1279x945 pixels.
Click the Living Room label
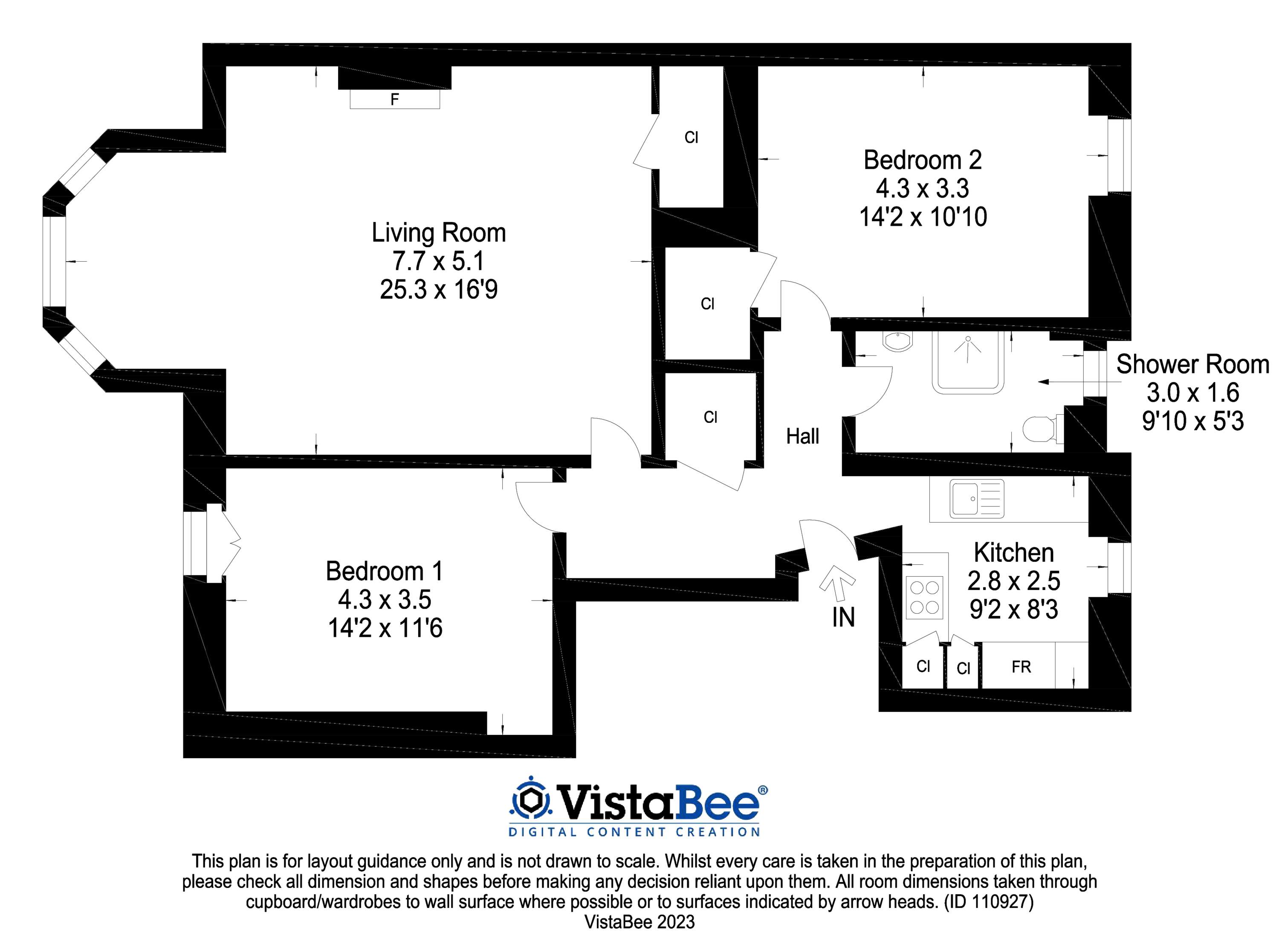click(439, 233)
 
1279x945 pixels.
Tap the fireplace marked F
click(395, 100)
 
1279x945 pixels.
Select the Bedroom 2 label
click(922, 160)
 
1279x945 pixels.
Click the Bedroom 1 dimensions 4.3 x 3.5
click(385, 599)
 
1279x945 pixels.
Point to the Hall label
click(802, 436)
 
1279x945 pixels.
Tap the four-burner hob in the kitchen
click(924, 597)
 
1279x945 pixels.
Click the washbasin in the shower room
click(897, 342)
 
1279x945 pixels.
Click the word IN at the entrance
click(843, 618)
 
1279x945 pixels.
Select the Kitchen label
click(1013, 552)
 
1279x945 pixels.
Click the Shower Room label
click(1192, 364)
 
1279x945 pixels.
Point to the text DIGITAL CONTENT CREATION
click(634, 832)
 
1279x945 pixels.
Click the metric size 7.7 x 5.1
click(438, 261)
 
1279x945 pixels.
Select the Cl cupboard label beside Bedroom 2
click(691, 137)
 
